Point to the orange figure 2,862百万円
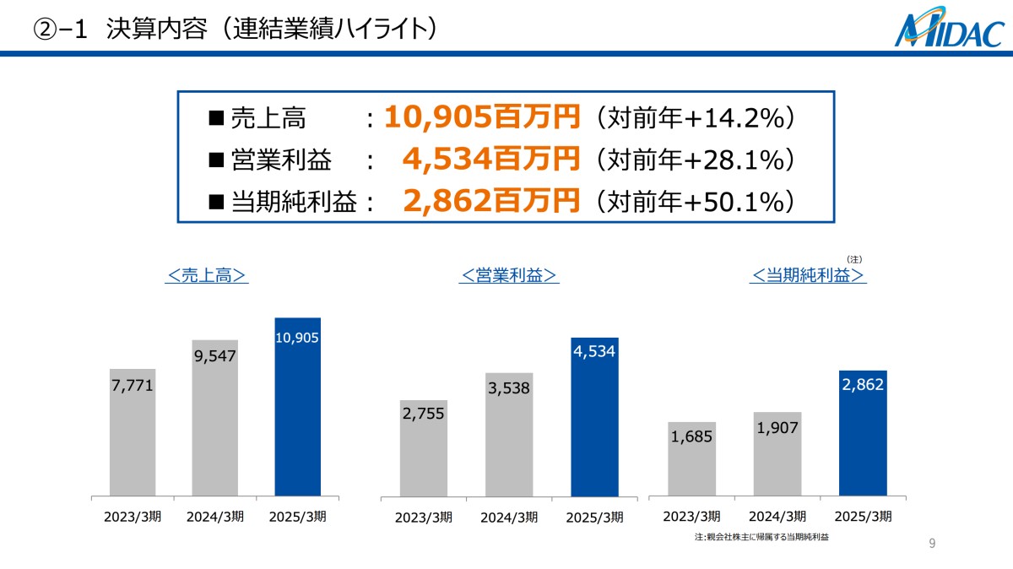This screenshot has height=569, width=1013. [491, 201]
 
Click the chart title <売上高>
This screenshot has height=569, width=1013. [207, 275]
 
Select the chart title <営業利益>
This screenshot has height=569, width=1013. [510, 275]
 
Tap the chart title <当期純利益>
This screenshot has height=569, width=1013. [808, 275]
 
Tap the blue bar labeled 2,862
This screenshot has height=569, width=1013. [863, 435]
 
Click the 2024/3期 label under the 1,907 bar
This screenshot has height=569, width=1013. [777, 517]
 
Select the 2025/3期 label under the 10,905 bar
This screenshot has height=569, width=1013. [298, 517]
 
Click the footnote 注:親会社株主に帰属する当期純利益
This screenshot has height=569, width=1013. [761, 537]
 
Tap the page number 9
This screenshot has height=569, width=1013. [932, 544]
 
